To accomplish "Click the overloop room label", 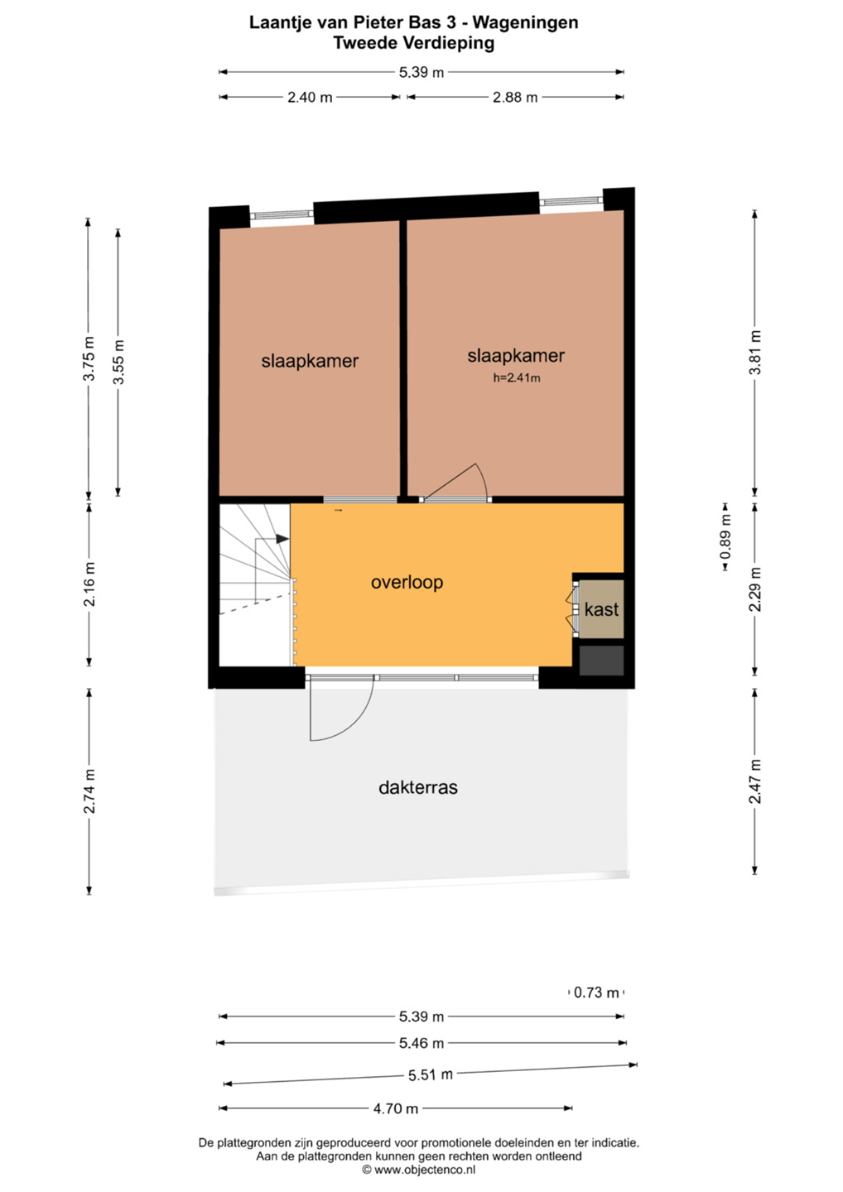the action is [x=407, y=582].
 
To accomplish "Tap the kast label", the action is [x=601, y=608].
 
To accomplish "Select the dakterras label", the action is [x=418, y=787].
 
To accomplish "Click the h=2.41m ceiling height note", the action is [x=516, y=377].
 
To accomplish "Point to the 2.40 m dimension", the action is [x=310, y=98].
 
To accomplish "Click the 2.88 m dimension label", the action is [x=514, y=98].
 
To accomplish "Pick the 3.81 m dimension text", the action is [x=755, y=353].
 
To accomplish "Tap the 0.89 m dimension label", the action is [x=725, y=536].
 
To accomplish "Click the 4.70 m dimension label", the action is [x=396, y=1108].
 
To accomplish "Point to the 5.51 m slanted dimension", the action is [x=430, y=1074].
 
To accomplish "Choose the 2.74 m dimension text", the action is [x=89, y=791].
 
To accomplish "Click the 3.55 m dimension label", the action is [x=118, y=362].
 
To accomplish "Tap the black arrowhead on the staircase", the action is [x=282, y=539].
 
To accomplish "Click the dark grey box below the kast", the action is [x=601, y=661].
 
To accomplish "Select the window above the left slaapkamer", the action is [x=282, y=215].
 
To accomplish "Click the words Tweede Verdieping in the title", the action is [x=413, y=42].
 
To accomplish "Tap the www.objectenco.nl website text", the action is [x=425, y=1169].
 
